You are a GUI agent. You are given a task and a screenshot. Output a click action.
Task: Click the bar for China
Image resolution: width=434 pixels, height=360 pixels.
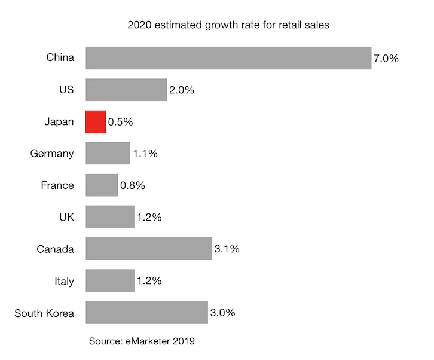click(x=228, y=58)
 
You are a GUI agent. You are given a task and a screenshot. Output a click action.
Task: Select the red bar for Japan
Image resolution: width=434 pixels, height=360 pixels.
click(x=96, y=121)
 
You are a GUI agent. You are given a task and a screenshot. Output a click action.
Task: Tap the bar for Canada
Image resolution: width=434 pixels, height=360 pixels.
click(x=149, y=249)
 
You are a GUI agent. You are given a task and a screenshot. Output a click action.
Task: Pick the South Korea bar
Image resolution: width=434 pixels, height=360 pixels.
click(x=146, y=312)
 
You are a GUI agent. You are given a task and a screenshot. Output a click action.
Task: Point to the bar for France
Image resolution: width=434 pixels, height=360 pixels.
click(x=102, y=185)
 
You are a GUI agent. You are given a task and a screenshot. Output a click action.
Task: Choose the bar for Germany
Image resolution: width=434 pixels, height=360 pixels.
click(x=108, y=153)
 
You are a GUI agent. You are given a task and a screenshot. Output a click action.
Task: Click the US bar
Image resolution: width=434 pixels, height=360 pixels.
click(x=126, y=90)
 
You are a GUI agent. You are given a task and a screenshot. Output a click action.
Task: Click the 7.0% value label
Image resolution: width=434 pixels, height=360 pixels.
click(x=386, y=59)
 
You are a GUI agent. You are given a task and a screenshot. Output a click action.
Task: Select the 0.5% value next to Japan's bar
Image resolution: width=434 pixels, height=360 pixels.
click(x=120, y=122)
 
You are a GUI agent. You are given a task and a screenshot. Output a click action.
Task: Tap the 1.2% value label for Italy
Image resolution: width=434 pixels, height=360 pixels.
click(x=149, y=281)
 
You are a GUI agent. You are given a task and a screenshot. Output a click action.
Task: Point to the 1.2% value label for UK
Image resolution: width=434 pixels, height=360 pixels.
click(x=149, y=217)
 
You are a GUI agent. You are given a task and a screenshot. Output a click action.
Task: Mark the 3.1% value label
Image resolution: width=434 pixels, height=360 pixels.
click(x=227, y=249)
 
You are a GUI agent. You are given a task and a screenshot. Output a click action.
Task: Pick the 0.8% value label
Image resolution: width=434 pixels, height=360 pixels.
click(x=132, y=185)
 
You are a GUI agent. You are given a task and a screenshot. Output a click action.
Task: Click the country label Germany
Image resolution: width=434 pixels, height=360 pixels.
click(x=52, y=154)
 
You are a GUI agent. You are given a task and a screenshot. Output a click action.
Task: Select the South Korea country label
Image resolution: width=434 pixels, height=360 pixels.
click(x=44, y=313)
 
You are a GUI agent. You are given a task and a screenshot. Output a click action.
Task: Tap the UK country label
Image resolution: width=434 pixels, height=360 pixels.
click(x=66, y=217)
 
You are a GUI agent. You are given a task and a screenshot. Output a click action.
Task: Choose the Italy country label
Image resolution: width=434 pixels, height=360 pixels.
click(x=63, y=281)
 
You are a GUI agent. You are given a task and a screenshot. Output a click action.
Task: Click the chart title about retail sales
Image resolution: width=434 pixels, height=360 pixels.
click(x=228, y=26)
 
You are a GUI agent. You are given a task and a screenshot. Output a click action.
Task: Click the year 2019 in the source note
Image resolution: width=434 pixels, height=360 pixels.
click(x=184, y=341)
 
